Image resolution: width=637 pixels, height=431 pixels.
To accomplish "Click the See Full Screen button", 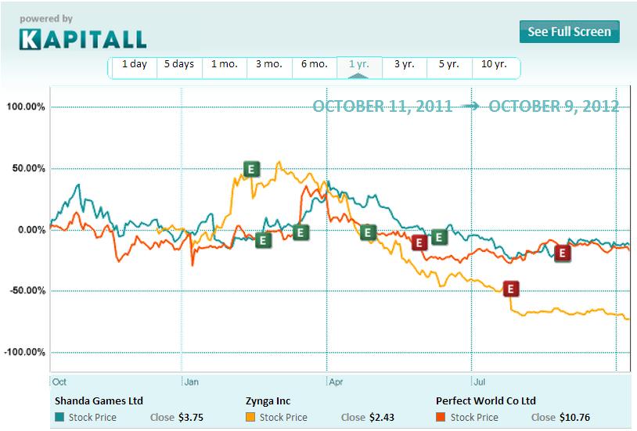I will coord(569,32).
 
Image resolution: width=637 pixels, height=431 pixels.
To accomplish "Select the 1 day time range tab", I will coord(134,65).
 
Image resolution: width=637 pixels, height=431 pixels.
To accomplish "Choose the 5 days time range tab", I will coord(178,65).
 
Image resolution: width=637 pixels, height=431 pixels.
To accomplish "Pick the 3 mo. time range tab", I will coord(268,65).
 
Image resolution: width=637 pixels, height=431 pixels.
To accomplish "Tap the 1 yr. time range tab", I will coord(358,65).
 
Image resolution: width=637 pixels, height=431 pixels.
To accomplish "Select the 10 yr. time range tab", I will coord(495,65).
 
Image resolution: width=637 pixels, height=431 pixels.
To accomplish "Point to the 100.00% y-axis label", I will coord(26,107).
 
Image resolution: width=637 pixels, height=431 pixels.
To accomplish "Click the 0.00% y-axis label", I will coord(30,230).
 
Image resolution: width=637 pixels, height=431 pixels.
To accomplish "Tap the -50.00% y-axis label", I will coord(26,291).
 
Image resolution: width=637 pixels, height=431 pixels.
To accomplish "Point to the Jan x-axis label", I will coord(192,383).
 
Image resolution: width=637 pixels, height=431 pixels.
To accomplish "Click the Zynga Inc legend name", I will coord(268,400).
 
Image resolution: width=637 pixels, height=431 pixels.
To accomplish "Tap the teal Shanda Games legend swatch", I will coord(59,417).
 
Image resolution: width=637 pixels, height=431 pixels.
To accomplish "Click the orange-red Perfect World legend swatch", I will coord(441,417).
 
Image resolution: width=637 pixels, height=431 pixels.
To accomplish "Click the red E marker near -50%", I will coord(511,289).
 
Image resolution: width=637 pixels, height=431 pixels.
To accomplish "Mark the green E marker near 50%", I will coord(251,168).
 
